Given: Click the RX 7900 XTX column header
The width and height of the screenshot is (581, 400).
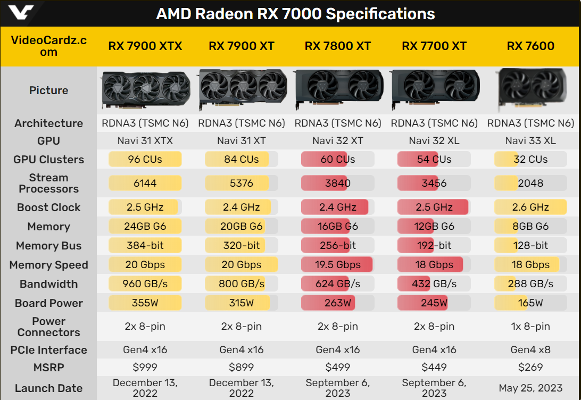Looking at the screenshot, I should pos(145,46).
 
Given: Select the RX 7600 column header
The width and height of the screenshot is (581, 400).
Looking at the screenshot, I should pos(530,46).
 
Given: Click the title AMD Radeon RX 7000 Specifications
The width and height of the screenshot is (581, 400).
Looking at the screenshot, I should pos(295,13).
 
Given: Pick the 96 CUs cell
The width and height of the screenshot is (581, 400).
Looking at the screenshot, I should pos(145,159).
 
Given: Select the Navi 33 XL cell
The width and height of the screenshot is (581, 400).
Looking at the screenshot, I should pos(530,141).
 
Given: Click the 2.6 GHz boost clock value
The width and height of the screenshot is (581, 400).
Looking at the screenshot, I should pos(530,207).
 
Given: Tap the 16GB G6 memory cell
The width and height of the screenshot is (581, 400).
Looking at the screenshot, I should pos(338,226).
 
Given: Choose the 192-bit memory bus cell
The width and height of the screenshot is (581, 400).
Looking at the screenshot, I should pos(434,245).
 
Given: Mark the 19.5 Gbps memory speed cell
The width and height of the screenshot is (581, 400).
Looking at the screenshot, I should pos(338,264).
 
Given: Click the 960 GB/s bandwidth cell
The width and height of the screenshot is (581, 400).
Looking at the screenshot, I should pos(145,284).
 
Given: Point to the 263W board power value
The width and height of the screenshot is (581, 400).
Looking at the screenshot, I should pos(338,303).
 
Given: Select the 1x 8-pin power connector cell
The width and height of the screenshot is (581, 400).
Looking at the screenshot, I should pos(530,326).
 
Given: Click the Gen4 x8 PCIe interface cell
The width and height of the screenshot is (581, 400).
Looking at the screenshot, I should pos(530,350).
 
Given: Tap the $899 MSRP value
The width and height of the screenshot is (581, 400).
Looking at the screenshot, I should pos(242,367).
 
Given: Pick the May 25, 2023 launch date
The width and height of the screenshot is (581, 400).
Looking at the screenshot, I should pos(530,388).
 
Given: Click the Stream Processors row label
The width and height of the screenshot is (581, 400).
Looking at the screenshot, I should pos(48,183).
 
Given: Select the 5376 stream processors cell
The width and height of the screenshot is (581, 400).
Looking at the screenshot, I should pos(242,183).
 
